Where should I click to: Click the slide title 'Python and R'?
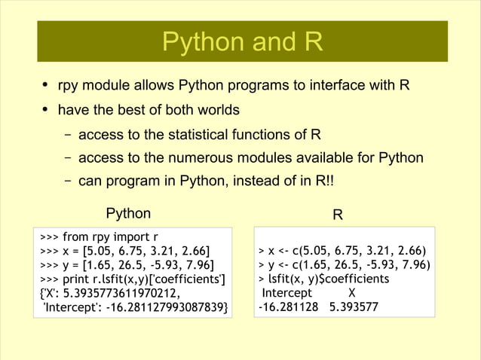tap(242, 42)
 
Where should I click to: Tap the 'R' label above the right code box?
tap(339, 215)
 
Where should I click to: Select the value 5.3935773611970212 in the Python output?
tap(121, 293)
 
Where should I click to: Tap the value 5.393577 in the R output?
tap(355, 307)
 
